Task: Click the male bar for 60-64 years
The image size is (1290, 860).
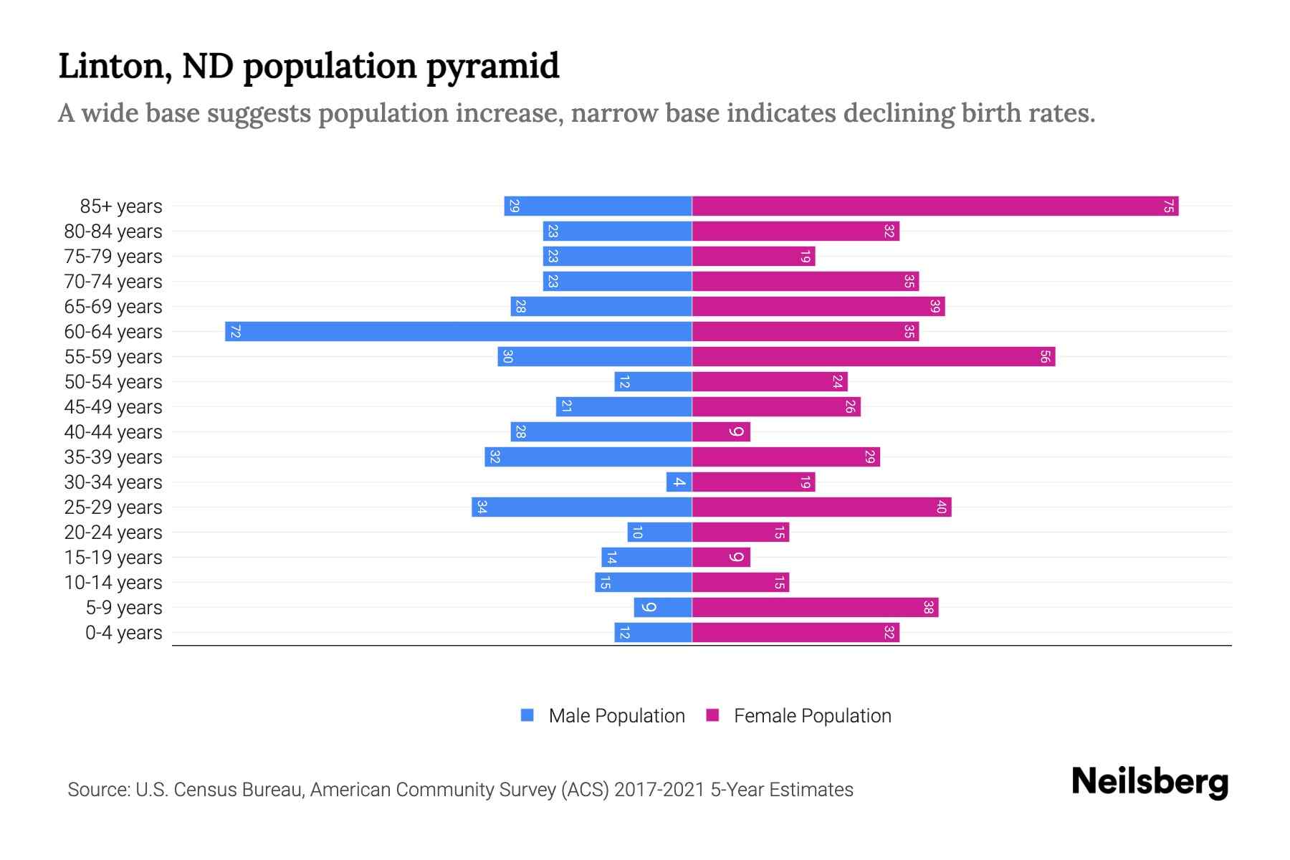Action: pyautogui.click(x=459, y=331)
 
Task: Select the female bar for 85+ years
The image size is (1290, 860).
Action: pyautogui.click(x=935, y=206)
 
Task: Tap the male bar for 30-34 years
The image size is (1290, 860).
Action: pyautogui.click(x=679, y=482)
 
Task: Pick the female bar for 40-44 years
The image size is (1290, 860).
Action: pyautogui.click(x=721, y=432)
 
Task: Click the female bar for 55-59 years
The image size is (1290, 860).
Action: pyautogui.click(x=873, y=357)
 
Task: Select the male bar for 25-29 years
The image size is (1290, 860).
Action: pyautogui.click(x=582, y=507)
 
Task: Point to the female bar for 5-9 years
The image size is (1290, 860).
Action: pyautogui.click(x=815, y=608)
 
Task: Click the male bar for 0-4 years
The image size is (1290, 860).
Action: pyautogui.click(x=653, y=633)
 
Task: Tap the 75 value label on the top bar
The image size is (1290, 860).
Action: pyautogui.click(x=1168, y=206)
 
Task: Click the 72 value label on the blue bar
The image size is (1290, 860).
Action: pyautogui.click(x=235, y=332)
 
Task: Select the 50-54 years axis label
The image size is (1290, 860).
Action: pyautogui.click(x=113, y=382)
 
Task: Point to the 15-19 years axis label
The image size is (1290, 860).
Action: pyautogui.click(x=113, y=558)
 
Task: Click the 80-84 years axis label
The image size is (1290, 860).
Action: pyautogui.click(x=113, y=231)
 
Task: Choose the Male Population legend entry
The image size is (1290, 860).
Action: pyautogui.click(x=616, y=716)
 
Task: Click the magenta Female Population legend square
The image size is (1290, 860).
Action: pyautogui.click(x=712, y=715)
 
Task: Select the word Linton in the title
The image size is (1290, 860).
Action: pyautogui.click(x=115, y=66)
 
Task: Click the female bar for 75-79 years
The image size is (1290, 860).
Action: pyautogui.click(x=753, y=257)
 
